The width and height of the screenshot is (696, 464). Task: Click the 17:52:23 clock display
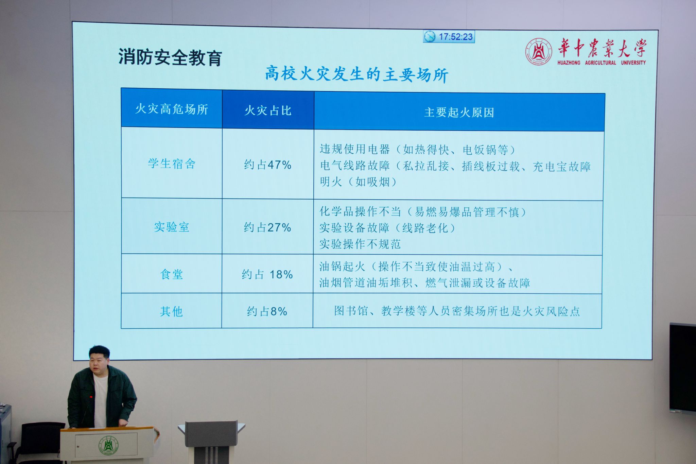coord(449,36)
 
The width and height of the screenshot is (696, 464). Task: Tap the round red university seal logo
coord(538,52)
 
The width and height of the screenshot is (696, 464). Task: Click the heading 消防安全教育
coord(170,57)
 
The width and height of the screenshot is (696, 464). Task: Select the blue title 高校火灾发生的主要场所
coord(356,74)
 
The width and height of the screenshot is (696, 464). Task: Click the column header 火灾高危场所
coord(172,109)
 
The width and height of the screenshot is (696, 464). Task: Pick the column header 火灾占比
coord(268,110)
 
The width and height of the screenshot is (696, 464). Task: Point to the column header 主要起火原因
coord(459,113)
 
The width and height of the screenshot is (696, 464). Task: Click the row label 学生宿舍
coord(172,164)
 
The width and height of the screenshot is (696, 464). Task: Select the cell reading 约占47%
coord(268,165)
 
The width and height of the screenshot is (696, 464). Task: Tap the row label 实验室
coord(172,227)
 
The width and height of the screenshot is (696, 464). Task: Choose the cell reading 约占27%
coord(267,227)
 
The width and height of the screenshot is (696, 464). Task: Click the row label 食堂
coord(172,274)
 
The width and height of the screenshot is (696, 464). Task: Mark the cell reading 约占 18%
coord(267,274)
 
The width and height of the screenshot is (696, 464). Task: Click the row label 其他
coord(171,311)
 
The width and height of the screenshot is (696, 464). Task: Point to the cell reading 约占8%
coord(267,311)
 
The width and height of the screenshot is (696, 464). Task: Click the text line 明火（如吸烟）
coord(359,182)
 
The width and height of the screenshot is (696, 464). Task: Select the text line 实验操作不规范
coord(360,244)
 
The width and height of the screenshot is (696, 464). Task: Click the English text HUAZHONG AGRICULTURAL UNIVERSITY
coord(602,63)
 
